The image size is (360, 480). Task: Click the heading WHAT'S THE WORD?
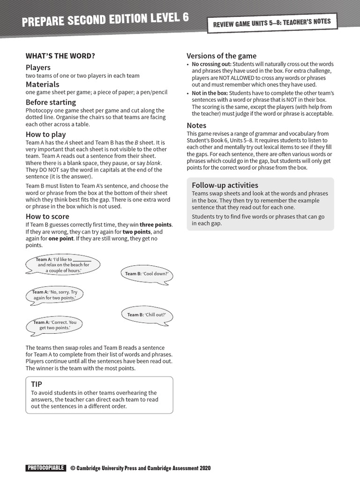pos(60,56)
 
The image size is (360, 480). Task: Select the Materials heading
pos(42,84)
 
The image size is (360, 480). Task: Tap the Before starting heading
pos(51,102)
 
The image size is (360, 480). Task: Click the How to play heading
pos(45,135)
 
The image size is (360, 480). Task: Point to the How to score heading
pos(47,216)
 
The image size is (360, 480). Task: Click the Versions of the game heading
pos(221,56)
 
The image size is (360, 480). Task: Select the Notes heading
pos(196,126)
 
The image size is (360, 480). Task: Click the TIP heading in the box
pos(37,384)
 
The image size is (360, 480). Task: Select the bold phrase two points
pos(137,232)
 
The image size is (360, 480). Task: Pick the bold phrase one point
pos(61,239)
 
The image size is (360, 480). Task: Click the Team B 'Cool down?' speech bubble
pos(146,274)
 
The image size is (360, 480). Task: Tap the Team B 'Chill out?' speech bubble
pos(146,315)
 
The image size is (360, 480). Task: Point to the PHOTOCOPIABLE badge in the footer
pos(45,468)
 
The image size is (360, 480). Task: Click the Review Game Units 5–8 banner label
pos(272,22)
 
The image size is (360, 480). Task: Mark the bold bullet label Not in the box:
pos(210,93)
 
